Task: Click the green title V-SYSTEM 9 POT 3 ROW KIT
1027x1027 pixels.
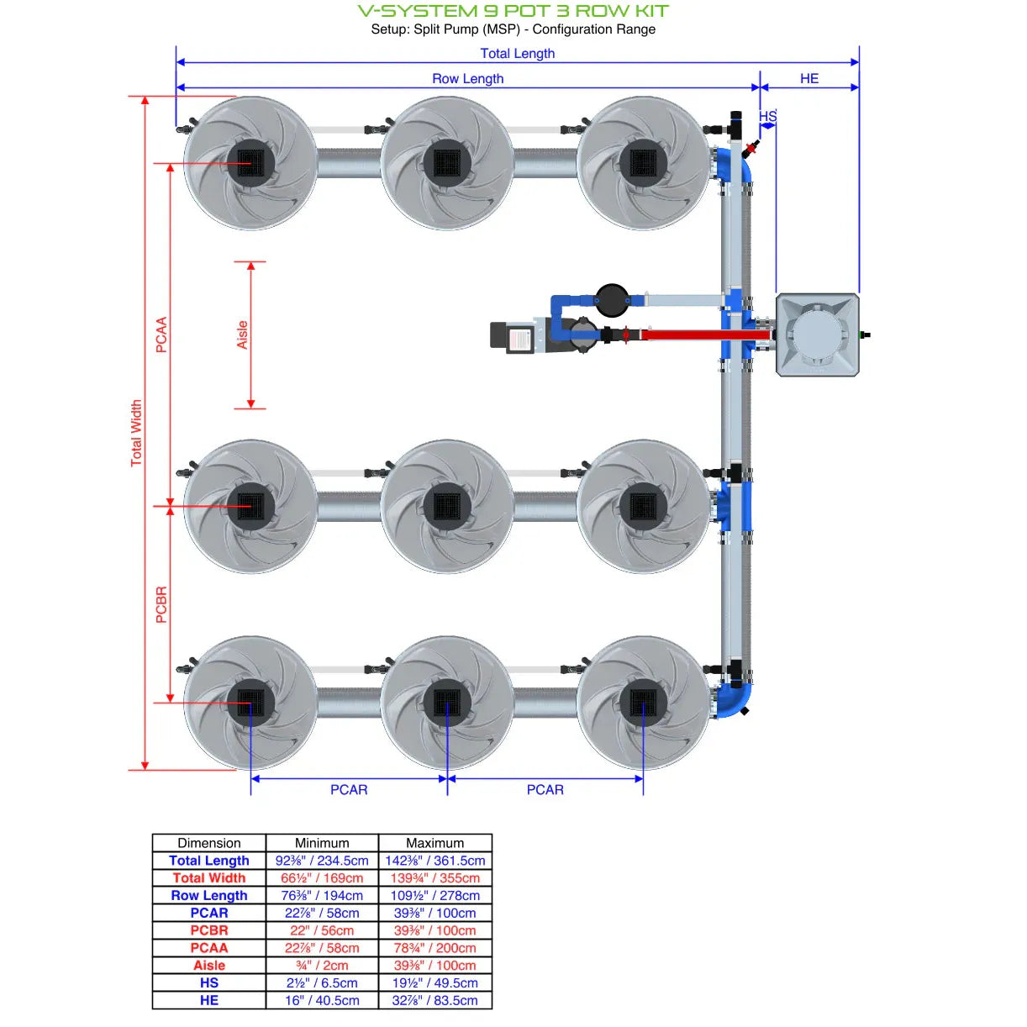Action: point(513,11)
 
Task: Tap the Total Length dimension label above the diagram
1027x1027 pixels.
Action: point(517,53)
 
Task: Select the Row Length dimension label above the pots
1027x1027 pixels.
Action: point(467,78)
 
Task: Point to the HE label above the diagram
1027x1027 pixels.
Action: point(808,78)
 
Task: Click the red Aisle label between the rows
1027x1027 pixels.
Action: point(242,334)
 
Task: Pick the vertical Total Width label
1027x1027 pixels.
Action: point(136,433)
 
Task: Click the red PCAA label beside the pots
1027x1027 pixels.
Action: point(161,334)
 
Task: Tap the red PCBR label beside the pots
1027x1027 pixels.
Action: point(161,604)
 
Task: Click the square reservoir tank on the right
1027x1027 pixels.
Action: point(817,334)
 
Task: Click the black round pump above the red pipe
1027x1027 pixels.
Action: point(612,298)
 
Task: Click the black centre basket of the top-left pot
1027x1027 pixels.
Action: point(250,162)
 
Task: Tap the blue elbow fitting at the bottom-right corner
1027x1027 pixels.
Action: point(733,700)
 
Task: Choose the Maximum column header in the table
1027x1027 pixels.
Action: point(434,843)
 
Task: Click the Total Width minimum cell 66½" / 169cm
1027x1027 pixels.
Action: point(322,878)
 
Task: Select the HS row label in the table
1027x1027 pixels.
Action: point(209,982)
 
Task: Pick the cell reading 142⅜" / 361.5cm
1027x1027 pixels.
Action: point(434,861)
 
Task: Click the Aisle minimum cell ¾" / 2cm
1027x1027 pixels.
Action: point(322,966)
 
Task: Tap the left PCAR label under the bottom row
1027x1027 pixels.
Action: point(349,789)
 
